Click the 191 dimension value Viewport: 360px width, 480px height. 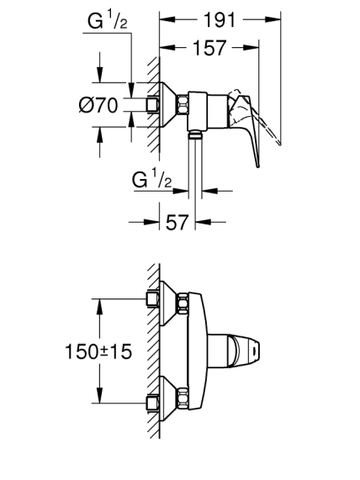click(220, 20)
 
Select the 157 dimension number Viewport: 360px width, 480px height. click(209, 48)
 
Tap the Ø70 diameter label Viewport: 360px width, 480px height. click(98, 105)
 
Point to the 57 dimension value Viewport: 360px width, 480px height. click(177, 222)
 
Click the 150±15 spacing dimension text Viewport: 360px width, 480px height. click(98, 351)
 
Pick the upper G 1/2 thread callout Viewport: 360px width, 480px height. click(107, 21)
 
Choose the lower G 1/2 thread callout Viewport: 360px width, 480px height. click(151, 179)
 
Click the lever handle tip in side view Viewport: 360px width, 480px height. click(258, 166)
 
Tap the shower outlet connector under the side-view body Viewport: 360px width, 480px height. click(195, 134)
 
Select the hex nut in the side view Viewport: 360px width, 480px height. click(183, 104)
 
